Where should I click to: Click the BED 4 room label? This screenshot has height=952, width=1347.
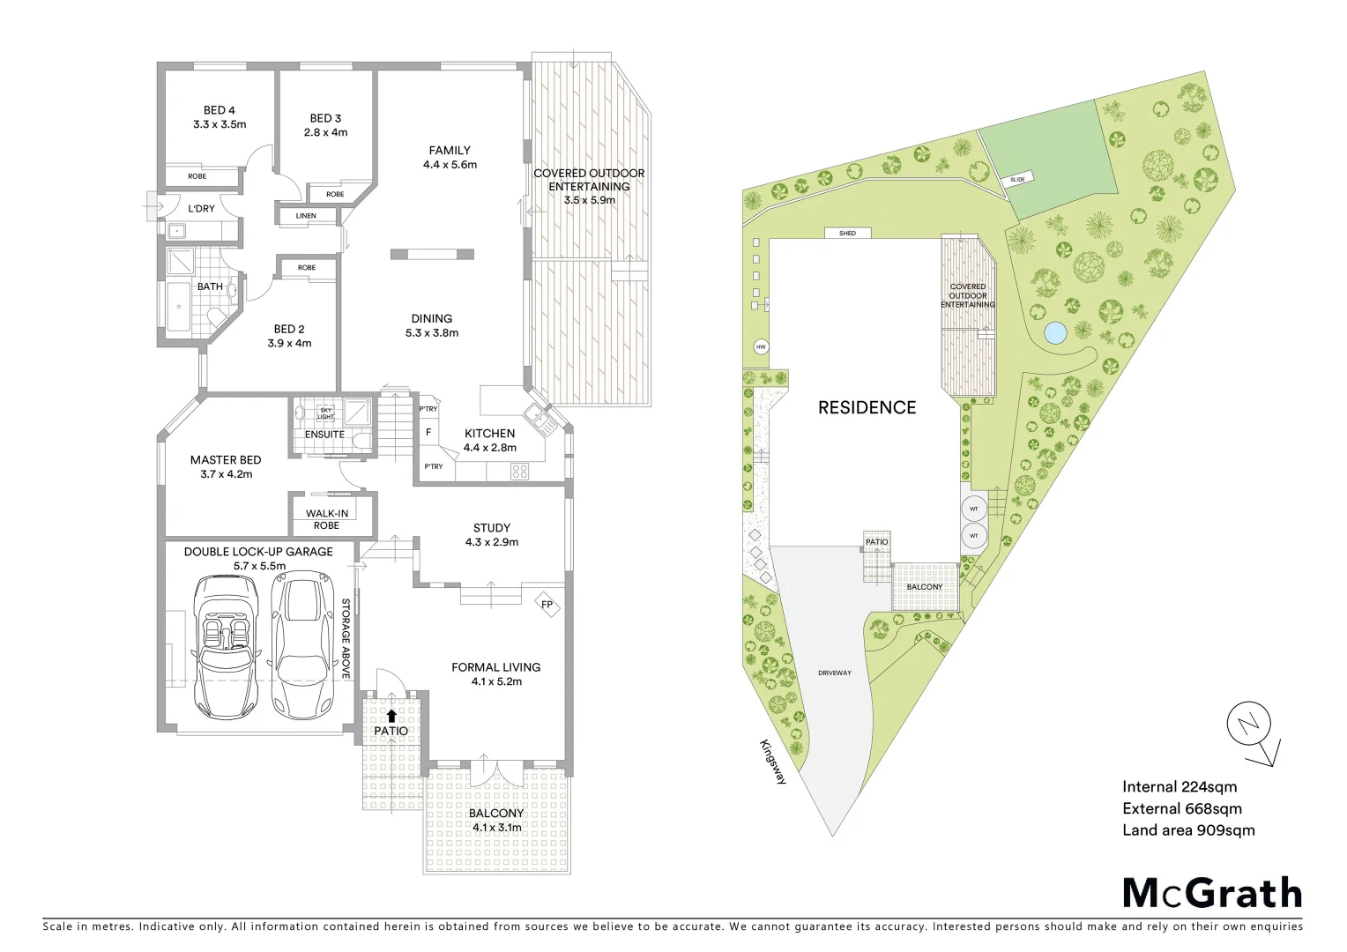220,117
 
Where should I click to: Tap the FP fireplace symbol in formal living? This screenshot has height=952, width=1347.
547,605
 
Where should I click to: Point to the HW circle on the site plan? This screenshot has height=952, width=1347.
761,347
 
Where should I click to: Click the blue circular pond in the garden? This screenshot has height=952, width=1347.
1054,333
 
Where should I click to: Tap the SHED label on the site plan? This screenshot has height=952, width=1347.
847,234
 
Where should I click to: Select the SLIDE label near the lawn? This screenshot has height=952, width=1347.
1018,180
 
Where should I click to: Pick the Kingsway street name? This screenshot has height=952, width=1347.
772,759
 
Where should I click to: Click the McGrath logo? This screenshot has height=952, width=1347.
1211,893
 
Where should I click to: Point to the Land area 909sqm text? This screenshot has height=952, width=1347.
1187,829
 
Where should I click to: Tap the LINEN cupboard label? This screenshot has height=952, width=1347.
306,216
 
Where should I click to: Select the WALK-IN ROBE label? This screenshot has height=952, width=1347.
326,519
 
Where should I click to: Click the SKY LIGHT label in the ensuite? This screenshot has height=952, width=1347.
325,413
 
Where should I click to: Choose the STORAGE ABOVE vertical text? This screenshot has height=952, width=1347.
346,638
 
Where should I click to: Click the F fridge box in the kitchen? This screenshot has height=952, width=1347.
428,433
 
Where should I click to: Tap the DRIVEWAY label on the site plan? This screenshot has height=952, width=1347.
834,673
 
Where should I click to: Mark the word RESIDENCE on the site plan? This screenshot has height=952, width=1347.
867,407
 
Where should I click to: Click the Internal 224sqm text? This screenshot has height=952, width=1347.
1179,787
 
